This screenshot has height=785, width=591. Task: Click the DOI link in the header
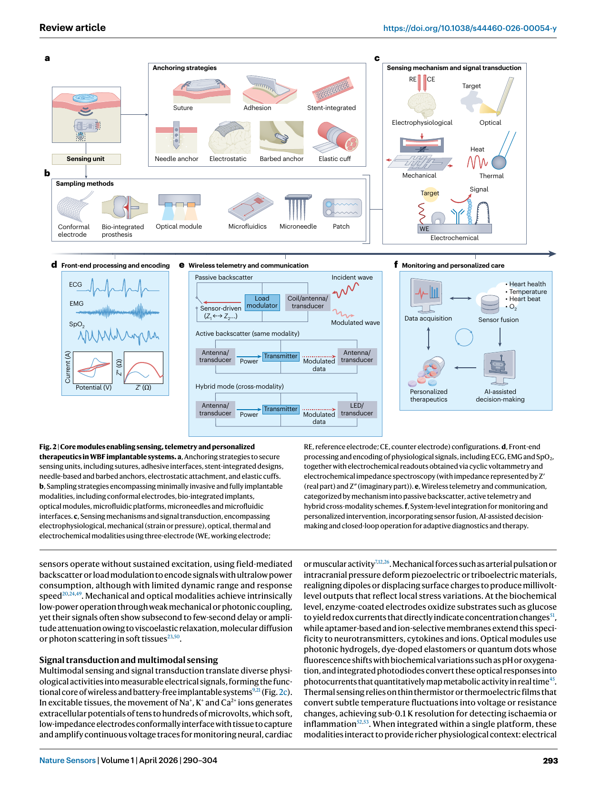(x=470, y=28)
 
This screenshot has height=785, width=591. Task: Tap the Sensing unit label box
(x=86, y=159)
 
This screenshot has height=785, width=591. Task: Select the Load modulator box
(x=262, y=302)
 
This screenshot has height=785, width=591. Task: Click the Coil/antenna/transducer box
(x=308, y=302)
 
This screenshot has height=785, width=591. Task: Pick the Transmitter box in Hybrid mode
(x=280, y=409)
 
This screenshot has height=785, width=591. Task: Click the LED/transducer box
(x=357, y=409)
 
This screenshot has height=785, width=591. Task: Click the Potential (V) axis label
(x=93, y=388)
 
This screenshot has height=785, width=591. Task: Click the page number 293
(x=550, y=761)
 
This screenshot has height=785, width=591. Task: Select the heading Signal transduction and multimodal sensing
(x=129, y=660)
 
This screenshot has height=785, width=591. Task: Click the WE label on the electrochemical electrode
(x=424, y=229)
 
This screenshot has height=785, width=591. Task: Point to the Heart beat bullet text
(x=525, y=299)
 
